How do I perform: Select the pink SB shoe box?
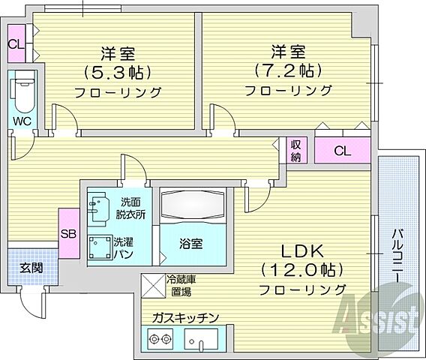click(x=69, y=233)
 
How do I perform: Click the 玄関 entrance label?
click(x=31, y=268)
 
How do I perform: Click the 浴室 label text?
click(x=189, y=244)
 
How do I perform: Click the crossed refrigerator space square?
click(x=151, y=286)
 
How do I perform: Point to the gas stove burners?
click(x=162, y=338)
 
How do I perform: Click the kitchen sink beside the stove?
click(x=202, y=340)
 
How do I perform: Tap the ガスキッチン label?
click(x=185, y=318)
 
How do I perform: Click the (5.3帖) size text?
click(x=118, y=73)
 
